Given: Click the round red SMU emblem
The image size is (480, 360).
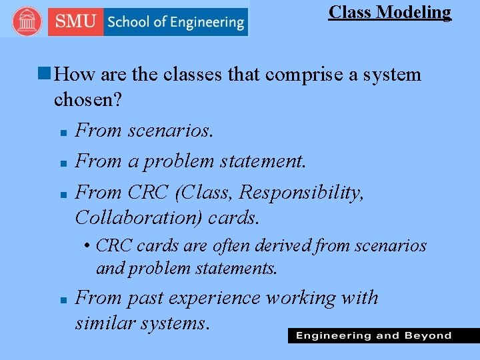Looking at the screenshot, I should coord(27,22).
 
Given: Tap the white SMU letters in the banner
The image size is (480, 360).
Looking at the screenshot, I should coord(75,21).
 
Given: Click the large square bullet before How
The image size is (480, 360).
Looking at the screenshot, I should coord(45,74).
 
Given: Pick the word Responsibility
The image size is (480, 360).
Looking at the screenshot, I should coord(301,193).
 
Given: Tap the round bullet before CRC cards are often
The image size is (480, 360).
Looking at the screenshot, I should coord(88,247).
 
